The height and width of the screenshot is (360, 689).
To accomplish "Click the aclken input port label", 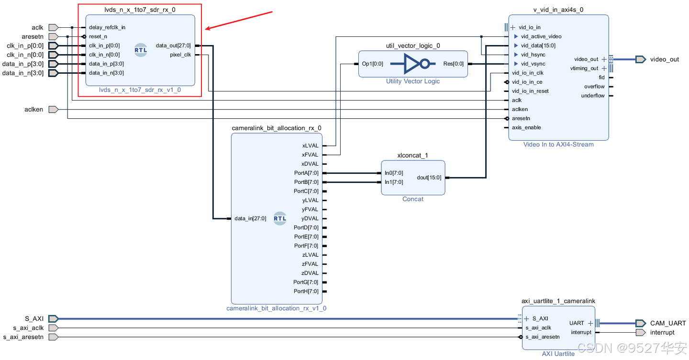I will coord(33,109).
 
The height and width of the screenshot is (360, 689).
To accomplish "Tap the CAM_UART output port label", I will coord(668,323).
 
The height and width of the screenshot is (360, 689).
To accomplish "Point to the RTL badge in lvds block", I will coord(141,50).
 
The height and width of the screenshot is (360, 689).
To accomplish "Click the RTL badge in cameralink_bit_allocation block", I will coord(280,218).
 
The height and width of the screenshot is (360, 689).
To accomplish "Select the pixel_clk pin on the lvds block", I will coord(180,55).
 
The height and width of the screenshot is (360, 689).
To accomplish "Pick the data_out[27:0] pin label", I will coord(173,45).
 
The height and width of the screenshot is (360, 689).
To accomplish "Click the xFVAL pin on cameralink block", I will coord(310,155).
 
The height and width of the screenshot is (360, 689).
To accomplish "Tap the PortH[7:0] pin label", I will coord(306,291).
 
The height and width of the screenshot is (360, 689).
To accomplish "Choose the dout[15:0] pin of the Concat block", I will coord(429,177).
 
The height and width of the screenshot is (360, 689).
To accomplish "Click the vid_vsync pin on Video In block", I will coord(533,64).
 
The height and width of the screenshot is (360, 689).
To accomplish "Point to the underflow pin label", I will coord(593,96).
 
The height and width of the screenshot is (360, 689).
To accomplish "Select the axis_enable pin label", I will coord(526,127).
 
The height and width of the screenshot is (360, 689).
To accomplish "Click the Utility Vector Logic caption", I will coord(412,81).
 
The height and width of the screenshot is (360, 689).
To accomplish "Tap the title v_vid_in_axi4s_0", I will coord(558,10).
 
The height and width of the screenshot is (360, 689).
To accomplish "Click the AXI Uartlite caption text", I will coord(558,354).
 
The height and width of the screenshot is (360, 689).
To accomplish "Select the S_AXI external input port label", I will coord(34,318).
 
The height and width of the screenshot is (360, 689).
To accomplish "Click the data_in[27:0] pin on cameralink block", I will coord(250,218).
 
